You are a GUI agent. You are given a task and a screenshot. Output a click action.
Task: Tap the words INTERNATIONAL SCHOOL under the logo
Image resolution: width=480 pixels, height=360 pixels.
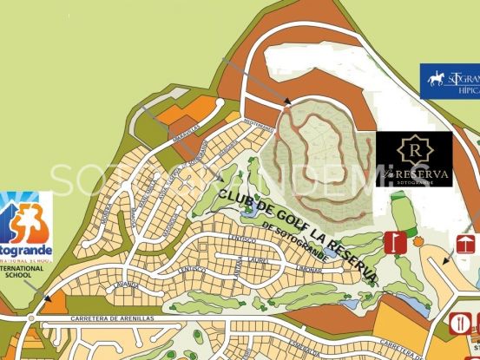tap(25, 274)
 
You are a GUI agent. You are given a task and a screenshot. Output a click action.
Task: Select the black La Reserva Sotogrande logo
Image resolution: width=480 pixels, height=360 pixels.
tap(414, 159)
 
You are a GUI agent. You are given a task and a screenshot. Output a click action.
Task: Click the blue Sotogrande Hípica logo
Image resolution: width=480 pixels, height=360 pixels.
tap(450, 80)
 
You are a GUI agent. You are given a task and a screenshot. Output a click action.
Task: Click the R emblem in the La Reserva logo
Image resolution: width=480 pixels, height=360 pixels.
tap(414, 149)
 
